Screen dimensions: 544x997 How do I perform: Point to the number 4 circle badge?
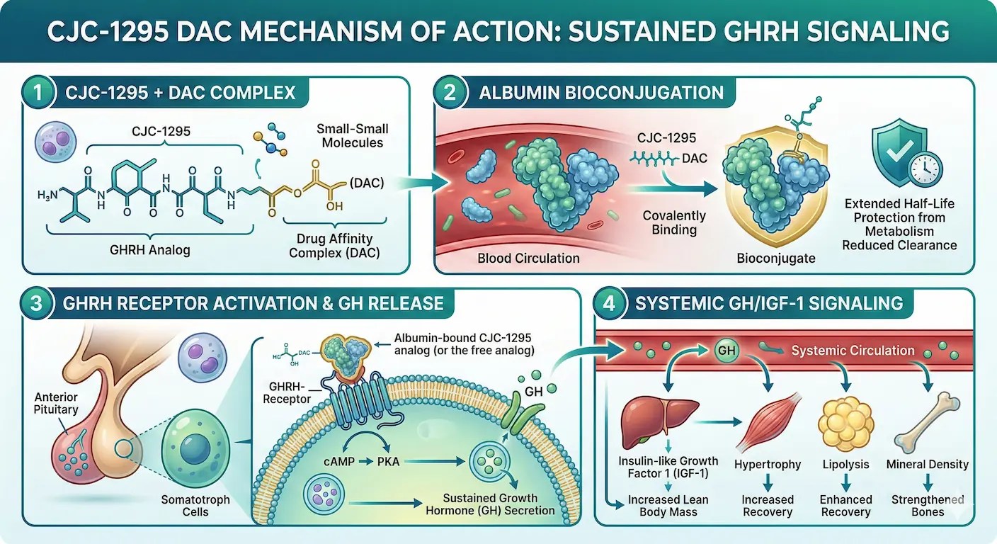coord(612,304)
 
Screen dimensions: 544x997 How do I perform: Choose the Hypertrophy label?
coord(768,465)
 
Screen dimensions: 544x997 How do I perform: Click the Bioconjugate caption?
coord(777,259)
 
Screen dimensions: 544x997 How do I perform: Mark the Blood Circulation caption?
coord(530,259)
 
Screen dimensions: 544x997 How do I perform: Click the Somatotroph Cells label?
coord(195,506)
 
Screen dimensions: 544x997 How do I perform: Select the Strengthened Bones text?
coord(928,506)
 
